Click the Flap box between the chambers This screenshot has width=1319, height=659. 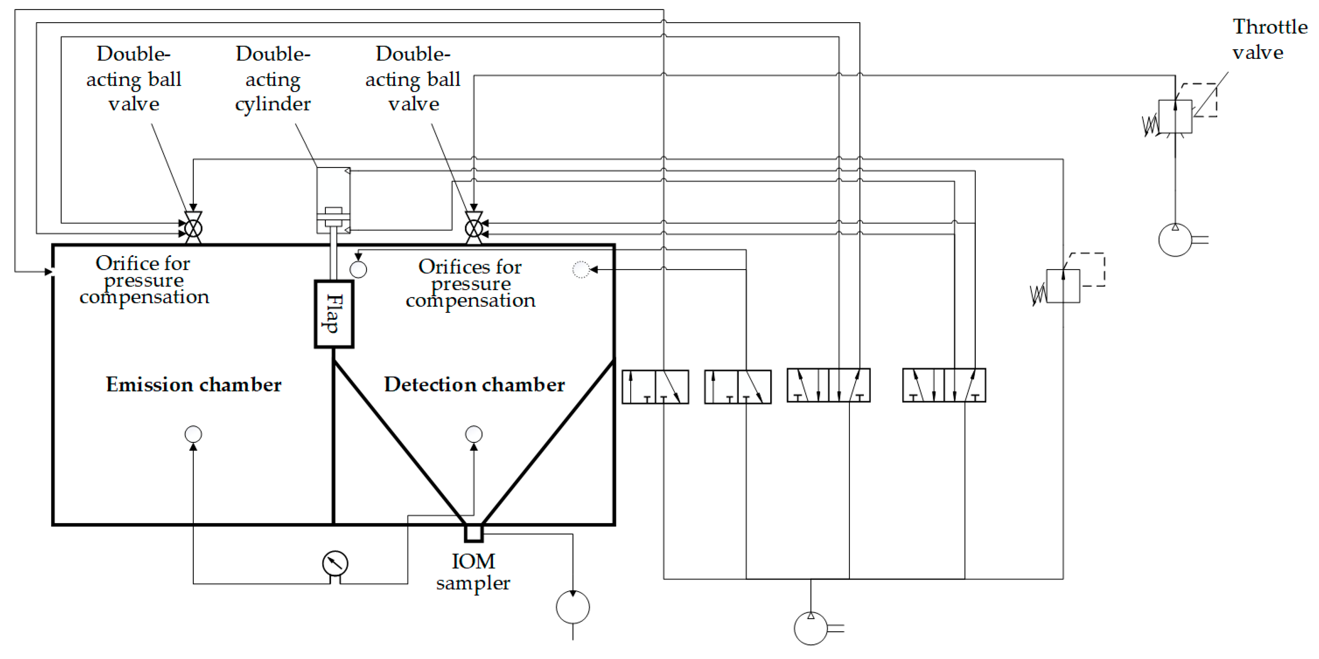334,314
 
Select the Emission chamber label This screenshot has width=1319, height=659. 193,384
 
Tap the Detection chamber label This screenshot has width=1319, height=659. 474,384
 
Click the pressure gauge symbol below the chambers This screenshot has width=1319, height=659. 335,563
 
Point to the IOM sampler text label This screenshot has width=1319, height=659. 473,572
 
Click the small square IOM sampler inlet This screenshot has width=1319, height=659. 473,533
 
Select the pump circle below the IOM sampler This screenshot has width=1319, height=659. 572,607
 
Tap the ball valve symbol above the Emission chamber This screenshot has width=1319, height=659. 193,227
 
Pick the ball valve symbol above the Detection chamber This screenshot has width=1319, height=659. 473,227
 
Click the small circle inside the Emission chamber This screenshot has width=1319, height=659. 193,434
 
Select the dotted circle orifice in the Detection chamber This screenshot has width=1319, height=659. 581,269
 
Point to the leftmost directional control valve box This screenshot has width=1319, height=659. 655,387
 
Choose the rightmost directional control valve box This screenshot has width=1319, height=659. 944,385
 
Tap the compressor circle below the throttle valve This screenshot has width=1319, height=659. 1175,239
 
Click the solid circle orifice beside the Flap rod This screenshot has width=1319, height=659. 358,269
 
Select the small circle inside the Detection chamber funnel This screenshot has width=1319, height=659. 473,434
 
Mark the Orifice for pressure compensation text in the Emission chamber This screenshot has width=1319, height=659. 144,280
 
